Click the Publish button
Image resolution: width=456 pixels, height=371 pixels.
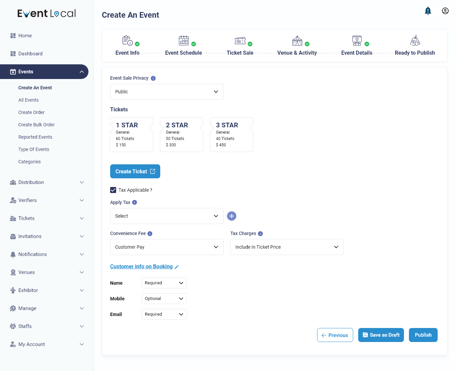(423, 335)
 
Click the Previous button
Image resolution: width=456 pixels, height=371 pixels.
(335, 335)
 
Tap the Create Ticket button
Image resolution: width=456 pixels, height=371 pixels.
(135, 171)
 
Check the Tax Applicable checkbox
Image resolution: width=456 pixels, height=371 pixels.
(113, 190)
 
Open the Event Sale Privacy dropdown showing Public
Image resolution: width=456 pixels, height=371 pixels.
(167, 92)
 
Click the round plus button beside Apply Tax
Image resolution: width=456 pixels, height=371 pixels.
(232, 216)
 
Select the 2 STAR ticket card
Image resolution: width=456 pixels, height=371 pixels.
(181, 135)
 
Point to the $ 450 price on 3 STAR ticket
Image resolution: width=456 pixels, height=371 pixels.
(221, 145)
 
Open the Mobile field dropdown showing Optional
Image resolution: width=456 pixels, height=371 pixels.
(164, 299)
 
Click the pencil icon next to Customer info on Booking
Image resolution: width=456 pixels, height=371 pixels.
(177, 267)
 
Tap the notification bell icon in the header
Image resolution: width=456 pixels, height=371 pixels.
(428, 11)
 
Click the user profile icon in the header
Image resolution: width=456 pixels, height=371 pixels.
(445, 11)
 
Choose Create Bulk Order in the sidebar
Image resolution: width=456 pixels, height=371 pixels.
(36, 125)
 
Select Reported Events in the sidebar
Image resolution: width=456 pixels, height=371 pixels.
(35, 137)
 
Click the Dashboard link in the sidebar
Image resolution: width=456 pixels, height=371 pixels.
(30, 54)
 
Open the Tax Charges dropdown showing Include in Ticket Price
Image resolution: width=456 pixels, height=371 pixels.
(287, 247)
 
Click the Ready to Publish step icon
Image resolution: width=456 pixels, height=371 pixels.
(415, 41)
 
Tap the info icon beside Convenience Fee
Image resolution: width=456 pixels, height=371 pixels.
(150, 234)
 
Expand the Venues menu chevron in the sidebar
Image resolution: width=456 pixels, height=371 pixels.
(82, 272)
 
